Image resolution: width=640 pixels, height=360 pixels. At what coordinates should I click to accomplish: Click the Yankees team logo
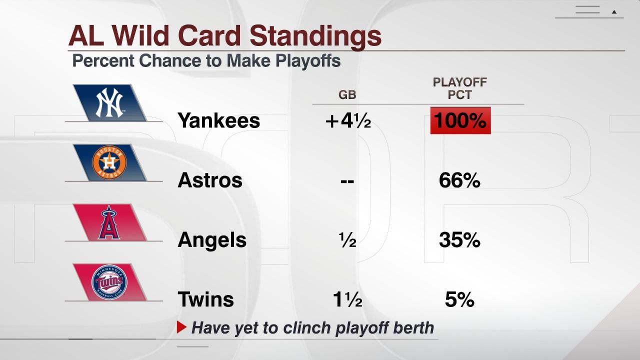109,102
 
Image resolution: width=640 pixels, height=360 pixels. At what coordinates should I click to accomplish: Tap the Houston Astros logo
109,162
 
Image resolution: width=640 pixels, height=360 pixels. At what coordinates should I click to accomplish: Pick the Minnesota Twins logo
109,282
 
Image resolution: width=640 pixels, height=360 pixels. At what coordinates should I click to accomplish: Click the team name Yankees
218,120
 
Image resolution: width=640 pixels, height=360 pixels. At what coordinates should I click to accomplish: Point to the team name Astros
209,180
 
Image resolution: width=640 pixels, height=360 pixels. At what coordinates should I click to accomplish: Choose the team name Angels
212,240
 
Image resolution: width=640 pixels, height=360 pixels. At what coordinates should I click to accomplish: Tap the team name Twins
205,299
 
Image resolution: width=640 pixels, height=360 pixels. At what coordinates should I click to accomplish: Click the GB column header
347,95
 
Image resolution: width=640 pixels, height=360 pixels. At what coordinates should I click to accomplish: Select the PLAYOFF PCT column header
459,88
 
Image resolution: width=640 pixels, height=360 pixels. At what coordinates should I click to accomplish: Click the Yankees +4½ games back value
347,120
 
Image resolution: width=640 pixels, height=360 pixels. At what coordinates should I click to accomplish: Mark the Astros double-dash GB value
347,180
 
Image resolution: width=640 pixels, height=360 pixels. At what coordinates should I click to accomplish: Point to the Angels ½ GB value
347,240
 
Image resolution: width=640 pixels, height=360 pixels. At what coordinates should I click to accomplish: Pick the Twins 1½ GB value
347,299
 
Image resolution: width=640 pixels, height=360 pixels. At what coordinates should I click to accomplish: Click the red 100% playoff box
460,120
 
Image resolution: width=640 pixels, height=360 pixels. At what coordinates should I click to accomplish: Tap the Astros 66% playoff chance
459,180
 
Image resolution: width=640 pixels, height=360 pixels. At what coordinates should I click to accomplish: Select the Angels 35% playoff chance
459,240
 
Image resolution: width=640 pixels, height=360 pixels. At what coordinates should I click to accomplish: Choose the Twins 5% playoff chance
459,299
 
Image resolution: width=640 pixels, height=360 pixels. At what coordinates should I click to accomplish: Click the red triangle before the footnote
181,328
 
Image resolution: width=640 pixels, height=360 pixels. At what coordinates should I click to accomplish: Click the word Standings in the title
315,36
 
